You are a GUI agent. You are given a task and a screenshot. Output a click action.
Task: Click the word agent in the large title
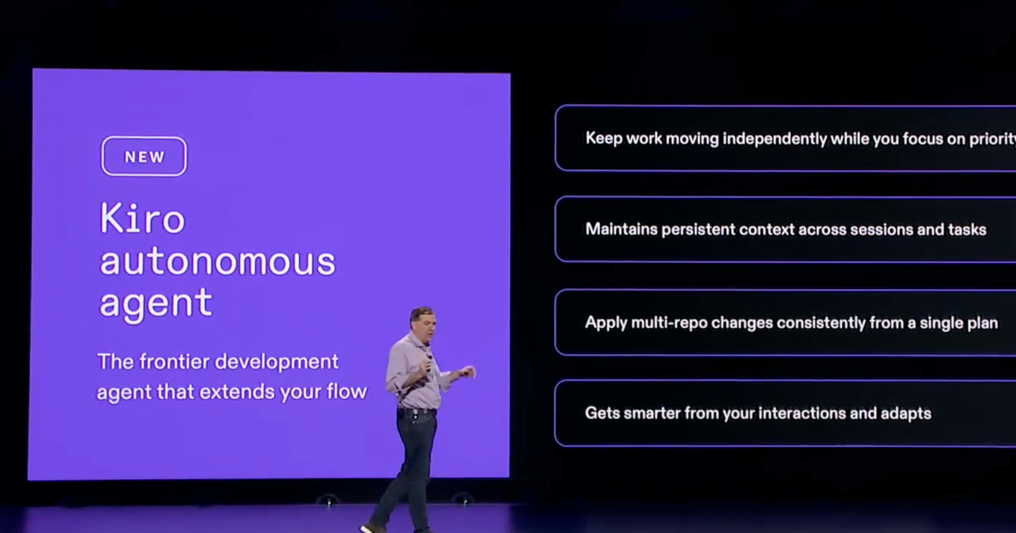coord(156,304)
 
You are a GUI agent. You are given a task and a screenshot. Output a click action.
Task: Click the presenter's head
coord(423,320)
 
